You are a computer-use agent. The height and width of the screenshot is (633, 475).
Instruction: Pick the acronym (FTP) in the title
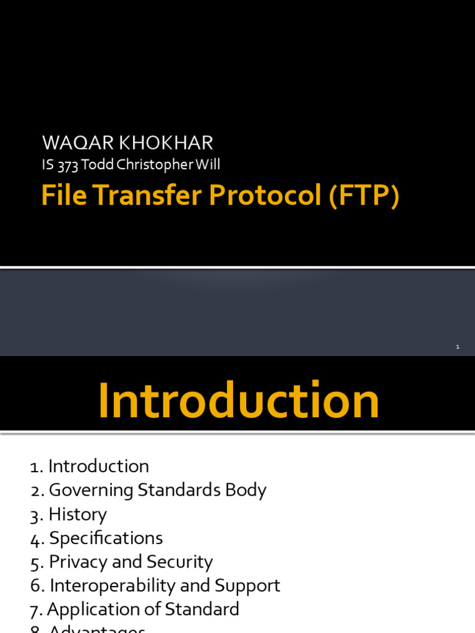(364, 196)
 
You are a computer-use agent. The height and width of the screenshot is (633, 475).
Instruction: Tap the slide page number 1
(457, 347)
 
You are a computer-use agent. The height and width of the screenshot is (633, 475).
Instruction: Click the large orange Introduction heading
(238, 401)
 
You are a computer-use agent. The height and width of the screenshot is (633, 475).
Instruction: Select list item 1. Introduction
(90, 466)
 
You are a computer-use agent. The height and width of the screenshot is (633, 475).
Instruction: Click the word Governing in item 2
(91, 490)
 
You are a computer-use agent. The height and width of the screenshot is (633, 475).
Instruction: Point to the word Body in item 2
(246, 490)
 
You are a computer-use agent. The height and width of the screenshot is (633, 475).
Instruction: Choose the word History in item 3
(78, 514)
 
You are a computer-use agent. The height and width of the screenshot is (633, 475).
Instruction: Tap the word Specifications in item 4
(106, 538)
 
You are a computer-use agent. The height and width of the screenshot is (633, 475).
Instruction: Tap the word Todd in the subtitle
(93, 165)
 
